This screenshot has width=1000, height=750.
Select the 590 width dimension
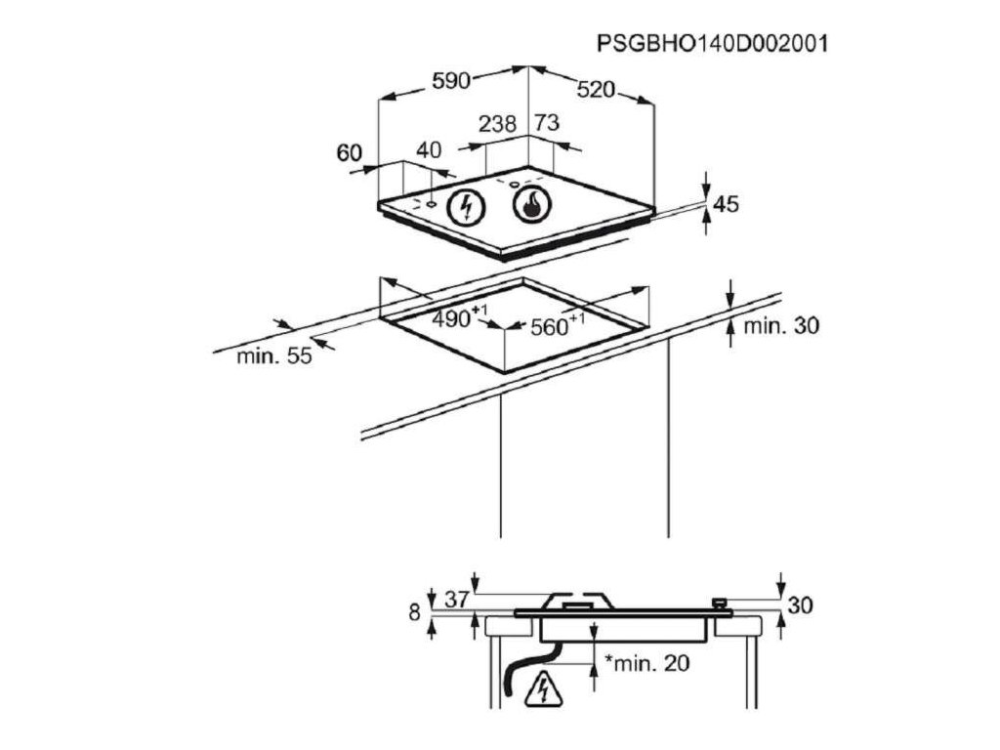452,82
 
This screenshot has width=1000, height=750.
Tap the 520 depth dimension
596,90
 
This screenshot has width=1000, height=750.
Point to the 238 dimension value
498,124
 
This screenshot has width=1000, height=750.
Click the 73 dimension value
548,123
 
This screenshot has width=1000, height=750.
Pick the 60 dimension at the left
350,152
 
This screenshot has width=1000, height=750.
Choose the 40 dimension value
430,149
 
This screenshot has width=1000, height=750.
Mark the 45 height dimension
726,204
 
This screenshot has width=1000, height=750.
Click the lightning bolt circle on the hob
466,207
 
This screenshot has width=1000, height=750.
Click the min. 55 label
274,356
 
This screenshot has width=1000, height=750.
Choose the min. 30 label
781,326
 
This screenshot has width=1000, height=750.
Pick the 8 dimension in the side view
414,612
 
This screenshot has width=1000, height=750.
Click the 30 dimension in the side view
800,605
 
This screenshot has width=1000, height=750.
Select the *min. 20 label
646,664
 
